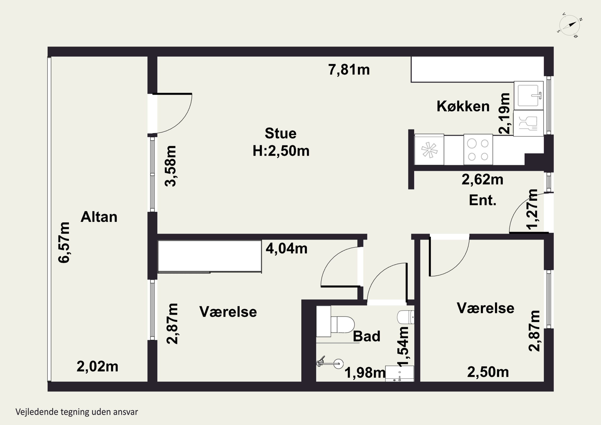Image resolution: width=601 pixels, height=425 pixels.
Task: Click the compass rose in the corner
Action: pyautogui.click(x=570, y=25)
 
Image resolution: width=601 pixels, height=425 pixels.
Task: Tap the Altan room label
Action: pyautogui.click(x=99, y=217)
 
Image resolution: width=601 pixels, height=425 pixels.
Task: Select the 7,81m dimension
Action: pyautogui.click(x=349, y=70)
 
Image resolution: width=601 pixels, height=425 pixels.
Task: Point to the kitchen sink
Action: pyautogui.click(x=528, y=96)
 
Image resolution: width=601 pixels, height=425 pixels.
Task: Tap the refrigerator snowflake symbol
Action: pyautogui.click(x=429, y=150)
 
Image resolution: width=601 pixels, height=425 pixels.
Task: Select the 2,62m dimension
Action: pyautogui.click(x=482, y=180)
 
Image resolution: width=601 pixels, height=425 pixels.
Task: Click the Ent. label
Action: pyautogui.click(x=483, y=200)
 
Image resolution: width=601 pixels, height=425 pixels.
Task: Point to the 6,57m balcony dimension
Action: pyautogui.click(x=64, y=242)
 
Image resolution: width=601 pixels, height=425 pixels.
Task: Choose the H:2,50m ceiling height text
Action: pyautogui.click(x=281, y=151)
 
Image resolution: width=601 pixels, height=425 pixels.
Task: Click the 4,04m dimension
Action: pyautogui.click(x=287, y=248)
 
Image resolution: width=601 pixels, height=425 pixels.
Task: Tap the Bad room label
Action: pyautogui.click(x=366, y=336)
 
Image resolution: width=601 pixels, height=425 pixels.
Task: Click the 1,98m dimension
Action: pyautogui.click(x=365, y=373)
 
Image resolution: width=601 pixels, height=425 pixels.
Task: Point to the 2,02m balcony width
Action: pyautogui.click(x=97, y=367)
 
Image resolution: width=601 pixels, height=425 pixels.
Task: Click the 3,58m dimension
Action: pyautogui.click(x=170, y=166)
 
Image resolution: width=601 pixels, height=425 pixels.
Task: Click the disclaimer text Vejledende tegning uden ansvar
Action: pyautogui.click(x=77, y=412)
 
